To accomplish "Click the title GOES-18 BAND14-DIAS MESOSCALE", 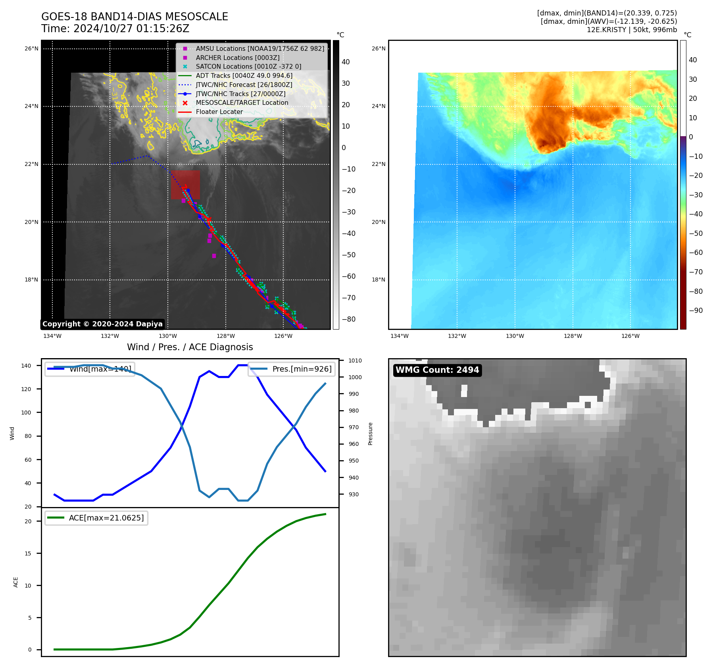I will click(135, 17).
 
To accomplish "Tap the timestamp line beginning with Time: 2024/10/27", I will click(115, 29).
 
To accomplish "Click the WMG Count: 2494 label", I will click(437, 370).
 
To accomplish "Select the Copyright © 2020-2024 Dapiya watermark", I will click(102, 324).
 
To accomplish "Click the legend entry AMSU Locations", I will click(260, 48).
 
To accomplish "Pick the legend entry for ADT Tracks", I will click(244, 75).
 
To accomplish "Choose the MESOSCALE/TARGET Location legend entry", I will click(242, 102).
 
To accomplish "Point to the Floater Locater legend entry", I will click(219, 112).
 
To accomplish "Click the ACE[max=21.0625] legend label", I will click(106, 518).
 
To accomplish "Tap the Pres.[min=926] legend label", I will click(302, 369).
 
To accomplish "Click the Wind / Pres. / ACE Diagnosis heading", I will click(190, 347).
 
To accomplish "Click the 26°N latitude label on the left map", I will click(31, 49).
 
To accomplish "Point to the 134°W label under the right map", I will click(399, 336).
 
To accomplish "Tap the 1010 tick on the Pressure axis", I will click(355, 361).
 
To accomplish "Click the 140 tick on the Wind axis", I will click(26, 366).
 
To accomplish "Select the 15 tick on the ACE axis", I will click(28, 553).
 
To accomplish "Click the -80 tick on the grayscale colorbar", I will click(349, 319).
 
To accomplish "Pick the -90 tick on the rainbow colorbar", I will click(696, 310).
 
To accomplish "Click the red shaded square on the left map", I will click(185, 185).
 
